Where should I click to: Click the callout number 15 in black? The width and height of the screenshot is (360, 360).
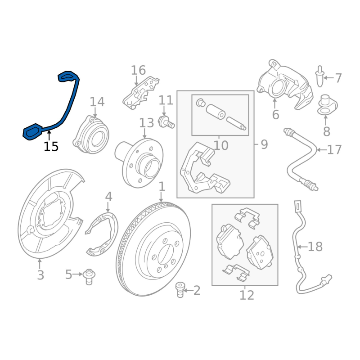[51, 146]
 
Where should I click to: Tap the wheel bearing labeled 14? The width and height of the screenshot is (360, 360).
[91, 135]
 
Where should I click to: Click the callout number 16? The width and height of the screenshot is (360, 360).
[138, 70]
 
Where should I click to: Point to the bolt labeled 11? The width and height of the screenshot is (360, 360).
[166, 122]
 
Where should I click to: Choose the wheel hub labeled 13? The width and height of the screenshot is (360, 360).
[139, 163]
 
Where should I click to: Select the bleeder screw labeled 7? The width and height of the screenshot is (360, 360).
[320, 76]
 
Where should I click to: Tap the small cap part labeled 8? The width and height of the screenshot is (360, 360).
[328, 105]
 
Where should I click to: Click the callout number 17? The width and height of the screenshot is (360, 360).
[334, 150]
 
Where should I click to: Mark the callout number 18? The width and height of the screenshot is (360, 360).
[315, 247]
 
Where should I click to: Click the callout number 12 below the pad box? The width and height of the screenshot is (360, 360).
[247, 295]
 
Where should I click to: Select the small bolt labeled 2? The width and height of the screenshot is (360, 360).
[180, 290]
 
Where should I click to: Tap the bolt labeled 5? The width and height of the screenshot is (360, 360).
[89, 277]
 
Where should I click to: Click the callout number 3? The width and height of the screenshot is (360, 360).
[40, 275]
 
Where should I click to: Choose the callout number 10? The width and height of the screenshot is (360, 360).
[221, 145]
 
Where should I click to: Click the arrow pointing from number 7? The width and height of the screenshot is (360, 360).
[328, 78]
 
